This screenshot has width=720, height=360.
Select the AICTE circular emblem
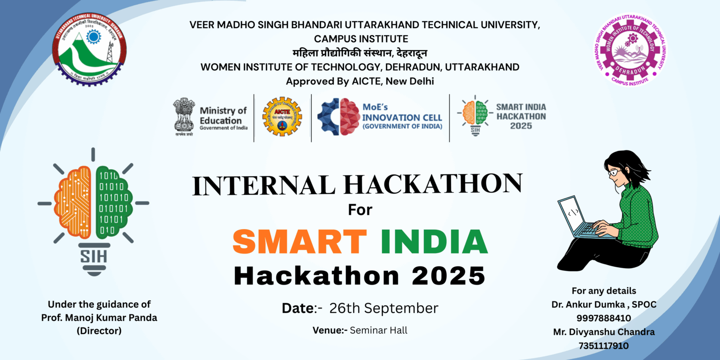coord(282,116)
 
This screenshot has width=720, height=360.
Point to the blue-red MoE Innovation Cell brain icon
coord(338,117)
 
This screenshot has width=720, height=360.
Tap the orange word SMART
coord(300,242)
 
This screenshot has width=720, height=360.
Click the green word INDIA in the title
coord(434,242)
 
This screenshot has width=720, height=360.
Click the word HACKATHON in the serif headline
coord(433,184)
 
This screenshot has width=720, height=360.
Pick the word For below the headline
coord(360,210)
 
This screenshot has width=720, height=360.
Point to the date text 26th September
coord(383,308)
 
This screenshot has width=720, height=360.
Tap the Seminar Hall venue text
coord(379,330)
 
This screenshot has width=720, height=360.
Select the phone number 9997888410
coord(604,318)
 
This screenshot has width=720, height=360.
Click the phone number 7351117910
coord(604,345)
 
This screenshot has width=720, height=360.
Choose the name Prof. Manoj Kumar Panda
coord(99,317)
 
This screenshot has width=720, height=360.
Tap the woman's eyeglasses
coord(614,172)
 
